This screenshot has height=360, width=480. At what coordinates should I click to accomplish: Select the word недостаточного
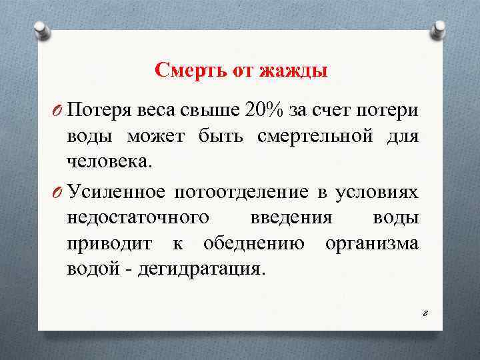coord(139,218)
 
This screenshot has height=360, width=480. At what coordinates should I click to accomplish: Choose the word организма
coord(372,244)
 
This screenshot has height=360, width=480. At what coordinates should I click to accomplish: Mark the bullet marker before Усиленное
coord(57,193)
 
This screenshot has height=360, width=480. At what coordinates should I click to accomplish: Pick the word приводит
coord(109,244)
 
